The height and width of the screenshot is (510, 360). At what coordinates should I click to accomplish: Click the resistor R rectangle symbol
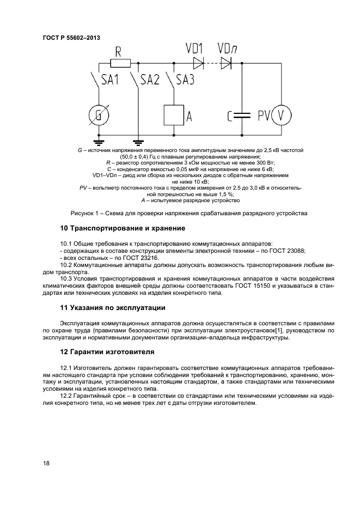[x=120, y=63]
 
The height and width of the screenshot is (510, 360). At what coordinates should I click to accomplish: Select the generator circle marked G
[x=99, y=115]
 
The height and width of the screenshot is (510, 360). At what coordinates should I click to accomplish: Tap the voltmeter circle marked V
[x=282, y=115]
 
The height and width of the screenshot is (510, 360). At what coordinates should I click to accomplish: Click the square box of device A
[x=174, y=115]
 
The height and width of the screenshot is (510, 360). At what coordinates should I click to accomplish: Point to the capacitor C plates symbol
[x=240, y=115]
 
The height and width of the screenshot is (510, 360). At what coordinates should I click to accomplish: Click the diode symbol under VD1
[x=198, y=63]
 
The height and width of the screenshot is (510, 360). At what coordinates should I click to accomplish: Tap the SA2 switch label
[x=150, y=80]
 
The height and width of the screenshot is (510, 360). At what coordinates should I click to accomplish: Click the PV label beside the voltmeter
[x=264, y=115]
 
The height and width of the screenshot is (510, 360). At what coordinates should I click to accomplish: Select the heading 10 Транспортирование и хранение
[x=123, y=228]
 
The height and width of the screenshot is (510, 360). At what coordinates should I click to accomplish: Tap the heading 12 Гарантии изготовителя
[x=107, y=351]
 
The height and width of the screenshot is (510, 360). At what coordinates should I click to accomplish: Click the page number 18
[x=46, y=464]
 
